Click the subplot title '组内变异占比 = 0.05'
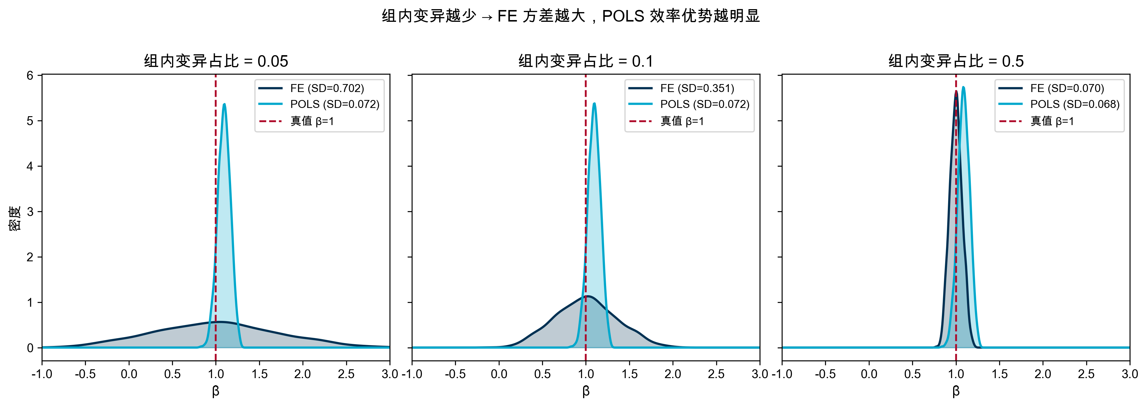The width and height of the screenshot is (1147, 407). [216, 61]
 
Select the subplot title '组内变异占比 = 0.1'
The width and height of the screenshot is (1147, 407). [585, 61]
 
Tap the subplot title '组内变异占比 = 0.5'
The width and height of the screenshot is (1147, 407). [956, 61]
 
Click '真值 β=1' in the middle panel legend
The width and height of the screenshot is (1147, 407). [682, 121]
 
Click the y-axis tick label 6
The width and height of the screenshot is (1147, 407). [30, 76]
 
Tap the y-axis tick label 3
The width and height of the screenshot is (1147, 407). [30, 212]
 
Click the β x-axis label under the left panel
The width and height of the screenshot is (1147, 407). [216, 391]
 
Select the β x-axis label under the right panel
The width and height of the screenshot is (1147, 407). [956, 391]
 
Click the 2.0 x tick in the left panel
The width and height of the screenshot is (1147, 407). [302, 374]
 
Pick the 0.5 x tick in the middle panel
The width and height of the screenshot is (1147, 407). [542, 374]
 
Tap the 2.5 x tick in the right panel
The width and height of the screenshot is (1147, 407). [1086, 374]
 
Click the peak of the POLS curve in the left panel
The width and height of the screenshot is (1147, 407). [224, 104]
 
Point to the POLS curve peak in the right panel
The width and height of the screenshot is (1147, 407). [963, 87]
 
